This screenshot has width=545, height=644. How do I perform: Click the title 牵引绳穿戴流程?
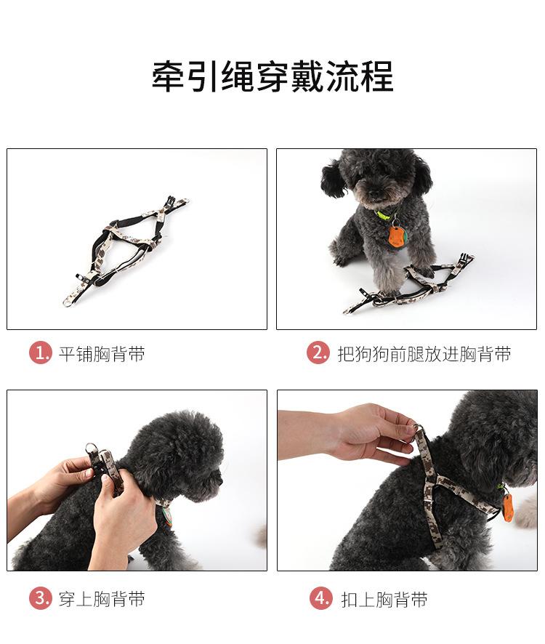(x=272, y=77)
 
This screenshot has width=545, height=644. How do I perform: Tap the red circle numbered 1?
(x=40, y=353)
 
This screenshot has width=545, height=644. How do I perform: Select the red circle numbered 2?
(x=318, y=353)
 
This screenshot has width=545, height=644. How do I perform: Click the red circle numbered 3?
(x=40, y=598)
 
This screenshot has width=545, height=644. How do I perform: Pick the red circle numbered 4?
(x=320, y=598)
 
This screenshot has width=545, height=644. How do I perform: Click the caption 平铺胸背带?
(x=102, y=354)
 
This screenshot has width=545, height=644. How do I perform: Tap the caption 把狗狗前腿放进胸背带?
(x=424, y=354)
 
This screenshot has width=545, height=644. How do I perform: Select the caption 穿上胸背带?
(x=102, y=599)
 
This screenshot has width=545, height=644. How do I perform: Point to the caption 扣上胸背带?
(x=384, y=600)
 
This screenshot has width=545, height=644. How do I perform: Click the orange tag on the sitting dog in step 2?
(x=395, y=238)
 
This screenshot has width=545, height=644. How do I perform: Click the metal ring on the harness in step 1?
(x=68, y=302)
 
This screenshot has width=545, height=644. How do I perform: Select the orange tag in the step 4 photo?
(x=508, y=507)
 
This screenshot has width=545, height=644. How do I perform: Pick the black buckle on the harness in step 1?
(x=171, y=203)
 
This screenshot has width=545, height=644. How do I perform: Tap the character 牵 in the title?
(x=168, y=77)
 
